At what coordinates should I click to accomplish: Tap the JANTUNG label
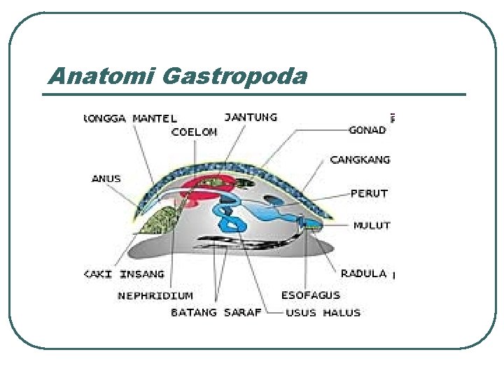coord(251,117)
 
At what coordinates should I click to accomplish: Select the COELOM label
coord(194,131)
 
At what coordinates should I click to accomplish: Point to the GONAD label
coord(367,130)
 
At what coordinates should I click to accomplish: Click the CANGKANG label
coord(360,160)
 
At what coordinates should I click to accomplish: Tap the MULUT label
coord(372,225)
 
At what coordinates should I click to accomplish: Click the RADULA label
coord(364,273)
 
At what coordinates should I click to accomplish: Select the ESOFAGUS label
coord(311,295)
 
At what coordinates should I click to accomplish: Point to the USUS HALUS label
coord(323,313)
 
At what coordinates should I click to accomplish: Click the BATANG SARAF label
coord(216,313)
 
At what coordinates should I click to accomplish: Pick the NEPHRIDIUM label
coord(155,295)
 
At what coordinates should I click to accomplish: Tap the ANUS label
coord(106,178)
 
